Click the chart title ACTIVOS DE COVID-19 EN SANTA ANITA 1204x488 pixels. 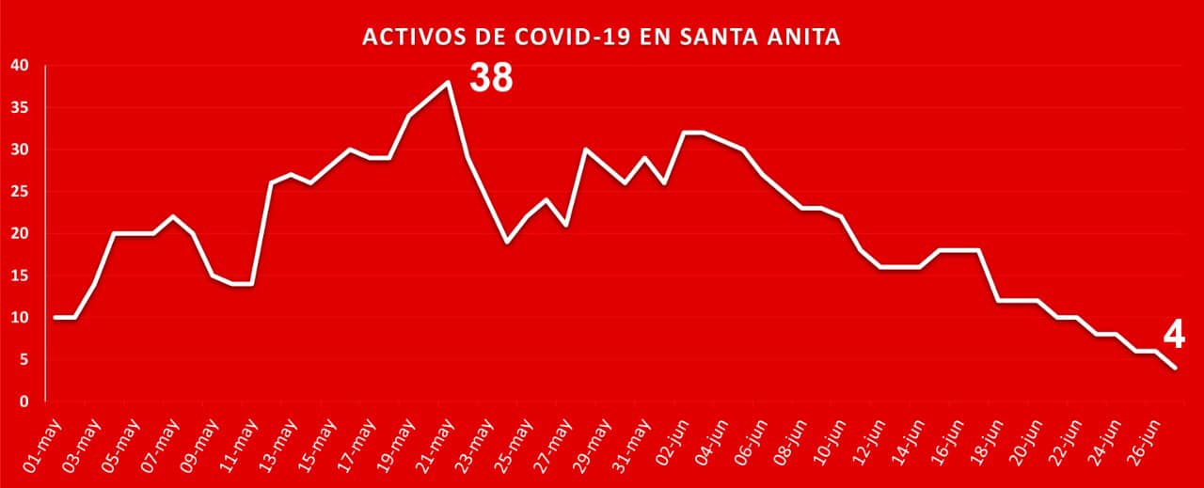[602, 38]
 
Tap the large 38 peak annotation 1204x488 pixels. [491, 78]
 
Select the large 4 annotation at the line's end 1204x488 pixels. [1173, 334]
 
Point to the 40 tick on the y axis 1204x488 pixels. [21, 66]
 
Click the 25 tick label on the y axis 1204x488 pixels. [21, 192]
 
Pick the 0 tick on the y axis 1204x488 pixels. [25, 401]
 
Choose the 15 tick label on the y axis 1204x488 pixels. [21, 275]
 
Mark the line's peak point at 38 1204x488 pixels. [448, 82]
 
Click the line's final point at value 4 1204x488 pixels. [1176, 368]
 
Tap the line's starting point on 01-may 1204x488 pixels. [55, 318]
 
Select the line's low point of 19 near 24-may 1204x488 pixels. [507, 242]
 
